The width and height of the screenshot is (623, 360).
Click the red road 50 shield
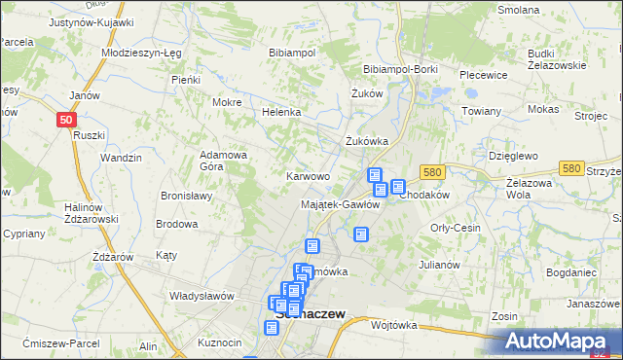coord(65,119)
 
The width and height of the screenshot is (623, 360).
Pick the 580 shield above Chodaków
coord(434,171)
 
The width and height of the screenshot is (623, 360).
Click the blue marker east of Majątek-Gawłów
coord(361,234)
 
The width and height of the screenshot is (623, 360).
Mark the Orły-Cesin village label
coord(456,228)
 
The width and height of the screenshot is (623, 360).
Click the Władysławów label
coord(203,296)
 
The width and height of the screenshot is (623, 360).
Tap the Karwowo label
coord(307,176)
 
